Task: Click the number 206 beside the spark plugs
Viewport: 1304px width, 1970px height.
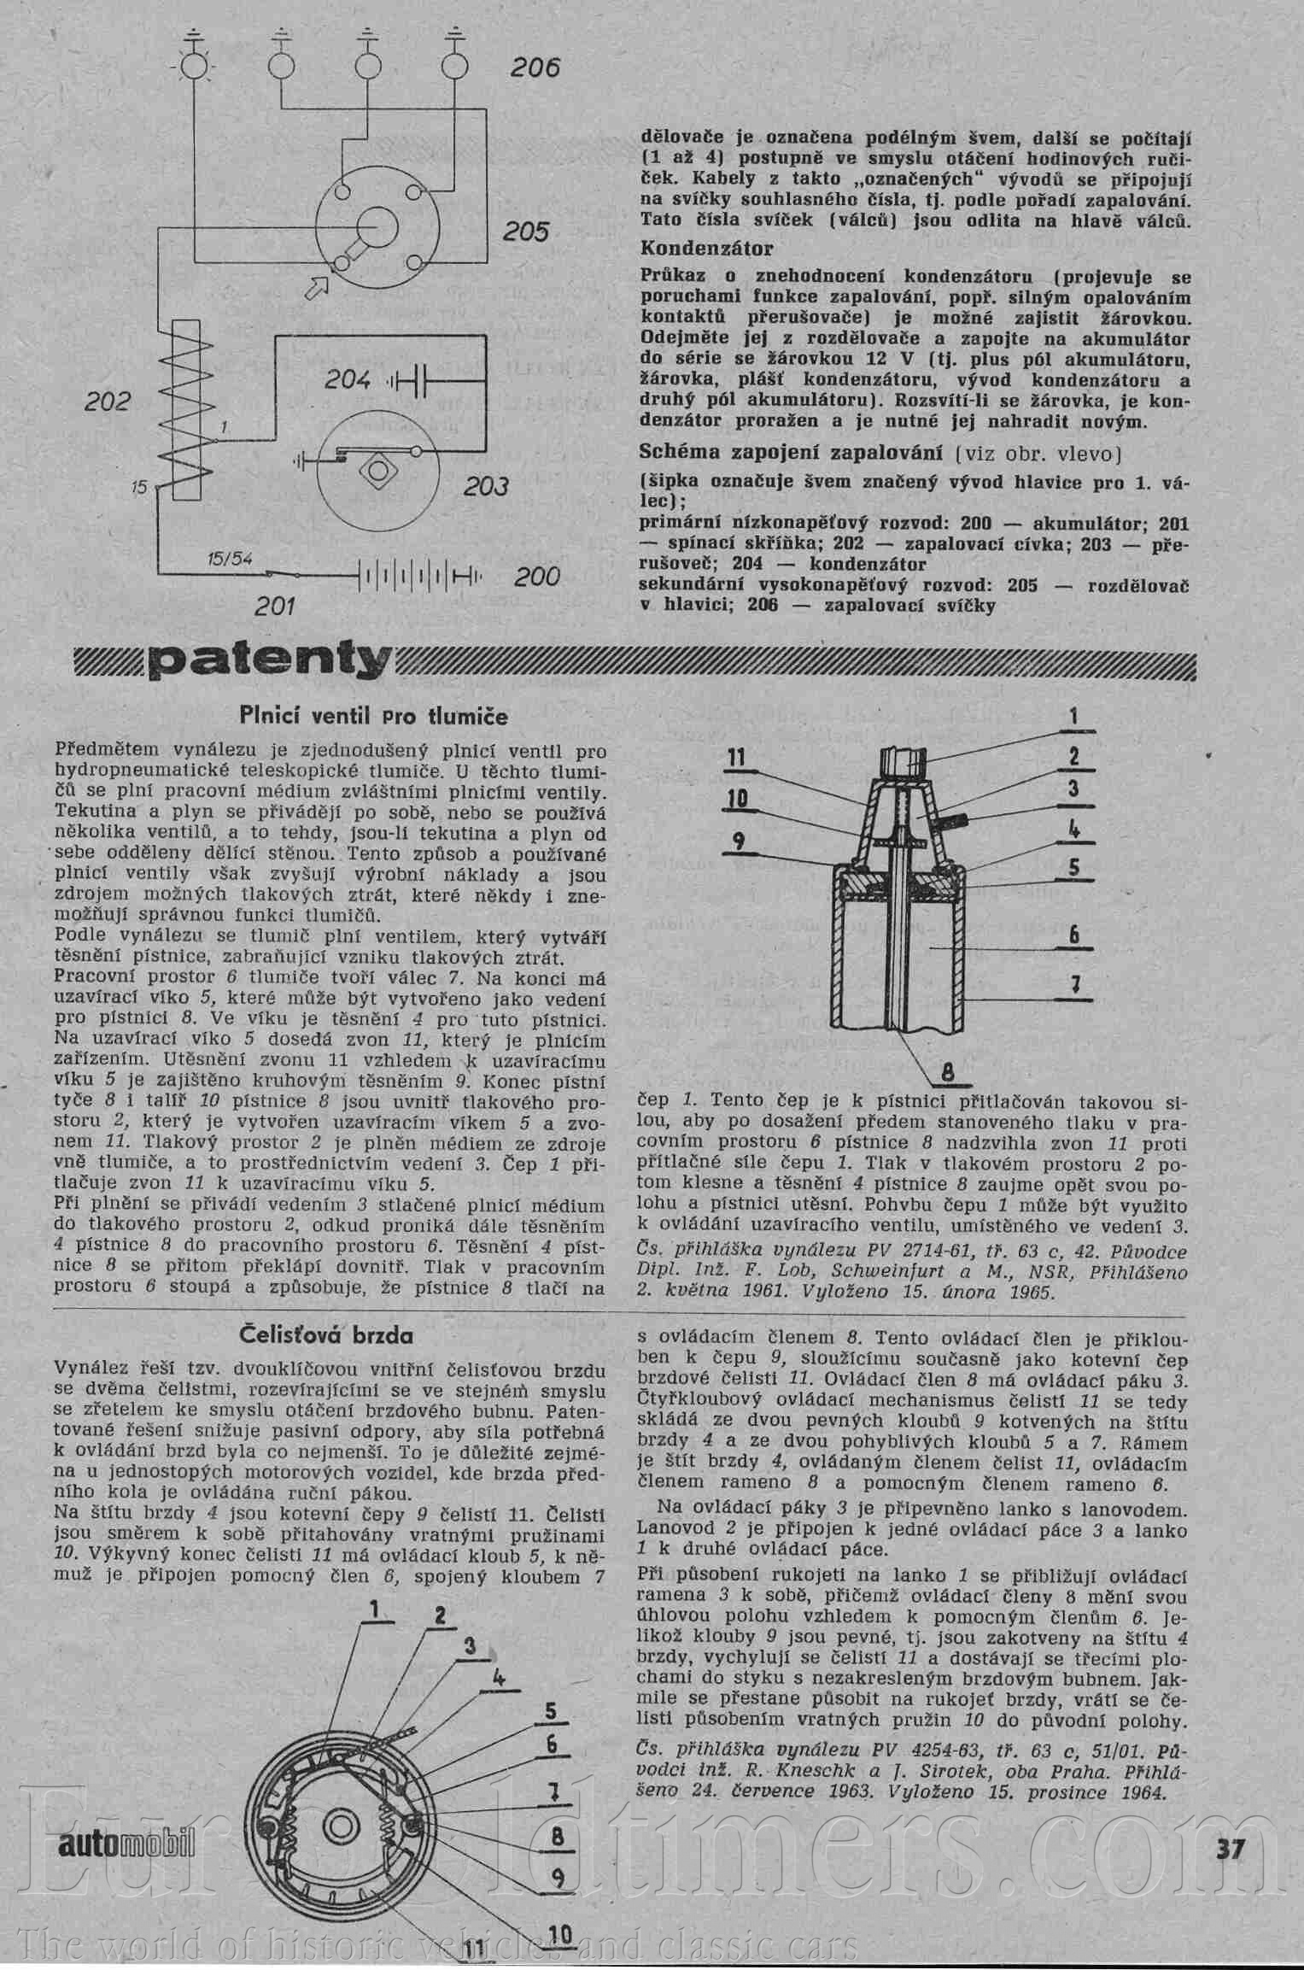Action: click(535, 68)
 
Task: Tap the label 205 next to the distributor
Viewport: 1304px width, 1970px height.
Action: click(524, 232)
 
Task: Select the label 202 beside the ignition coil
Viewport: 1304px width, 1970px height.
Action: click(108, 402)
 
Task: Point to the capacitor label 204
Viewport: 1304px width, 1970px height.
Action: click(348, 378)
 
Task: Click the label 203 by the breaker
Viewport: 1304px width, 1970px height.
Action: click(486, 487)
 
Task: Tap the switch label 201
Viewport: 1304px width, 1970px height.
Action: click(275, 607)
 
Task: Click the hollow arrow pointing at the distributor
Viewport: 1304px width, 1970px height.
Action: click(316, 287)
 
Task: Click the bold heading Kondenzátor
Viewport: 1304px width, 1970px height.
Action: click(707, 249)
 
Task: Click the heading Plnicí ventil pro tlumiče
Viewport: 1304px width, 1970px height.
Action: click(373, 716)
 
